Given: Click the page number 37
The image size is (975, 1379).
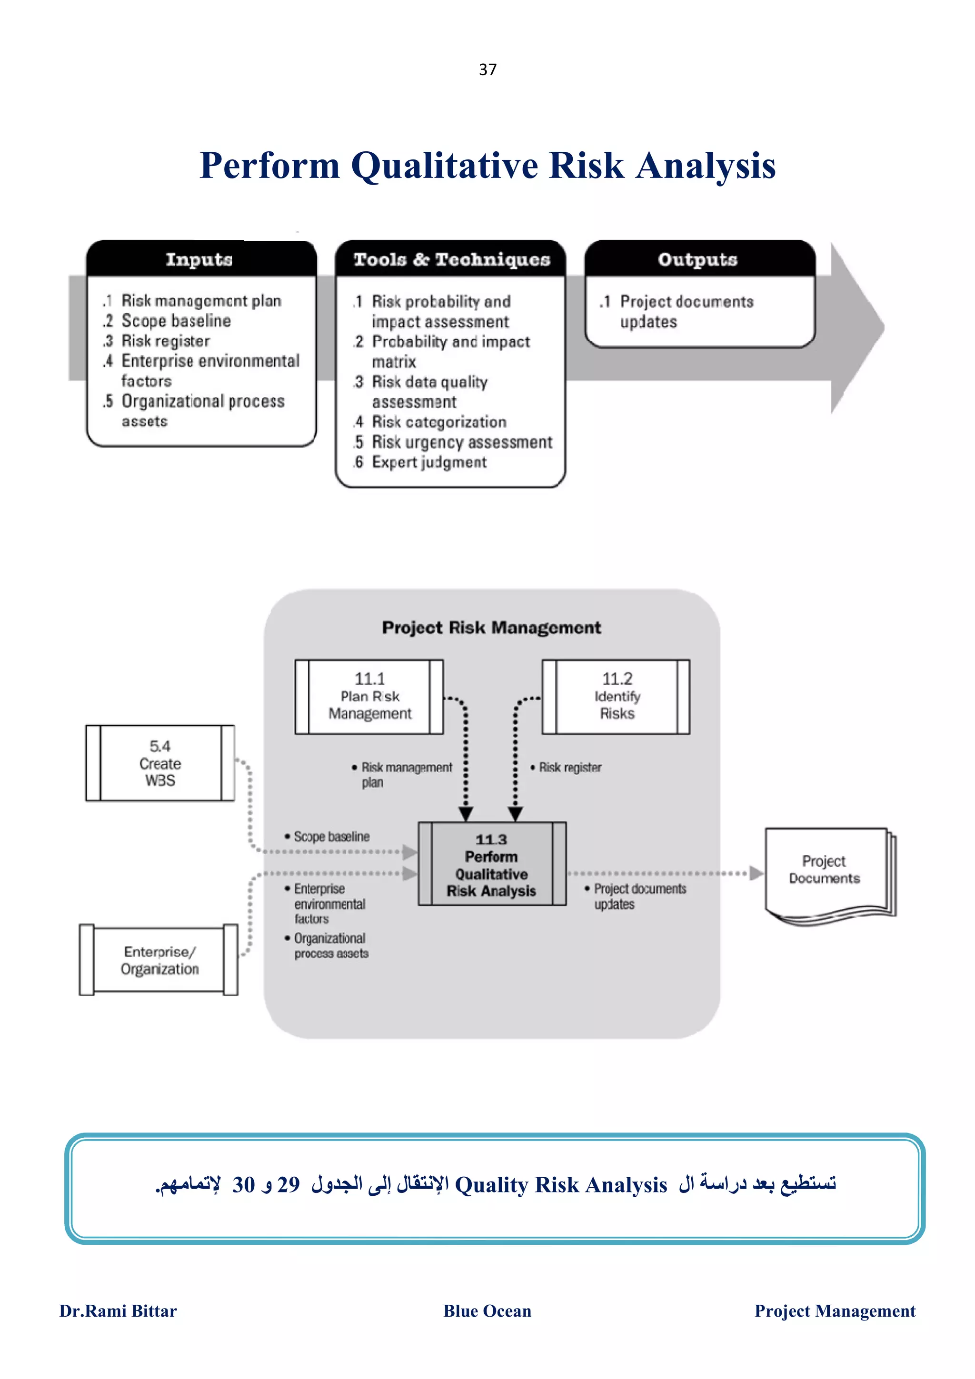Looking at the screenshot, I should click(x=487, y=69).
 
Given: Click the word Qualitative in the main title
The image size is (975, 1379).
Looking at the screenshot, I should click(x=445, y=165).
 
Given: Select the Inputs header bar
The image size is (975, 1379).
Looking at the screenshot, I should click(x=200, y=259).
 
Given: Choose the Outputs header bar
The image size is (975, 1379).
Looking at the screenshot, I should click(x=697, y=259).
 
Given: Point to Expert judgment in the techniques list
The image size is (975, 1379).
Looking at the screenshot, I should click(x=429, y=462).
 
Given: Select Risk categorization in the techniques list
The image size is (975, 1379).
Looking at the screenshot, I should click(x=438, y=422).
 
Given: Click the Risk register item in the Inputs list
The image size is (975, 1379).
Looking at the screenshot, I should click(x=165, y=341).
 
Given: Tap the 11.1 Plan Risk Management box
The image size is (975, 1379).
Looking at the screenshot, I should click(x=369, y=696).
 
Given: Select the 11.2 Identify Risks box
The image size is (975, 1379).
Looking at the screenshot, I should click(x=617, y=696).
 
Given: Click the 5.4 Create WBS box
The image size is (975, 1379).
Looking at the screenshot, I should click(x=160, y=763).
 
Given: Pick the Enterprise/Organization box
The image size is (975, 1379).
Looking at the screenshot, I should click(x=159, y=960).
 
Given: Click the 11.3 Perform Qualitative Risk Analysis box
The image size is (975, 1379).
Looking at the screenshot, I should click(x=491, y=864).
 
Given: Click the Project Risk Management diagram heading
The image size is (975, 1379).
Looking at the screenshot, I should click(x=491, y=628).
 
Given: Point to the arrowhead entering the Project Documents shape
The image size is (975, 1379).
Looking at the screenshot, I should click(x=756, y=873).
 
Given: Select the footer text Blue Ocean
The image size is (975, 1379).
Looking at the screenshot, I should click(x=487, y=1310).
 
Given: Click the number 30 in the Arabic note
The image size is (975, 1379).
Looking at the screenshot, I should click(x=243, y=1184).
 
